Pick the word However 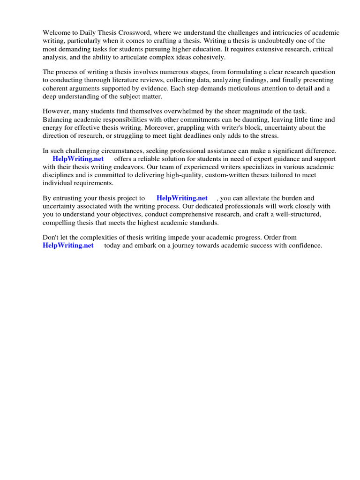point(57,112)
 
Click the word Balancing point(58,120)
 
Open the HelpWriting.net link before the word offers point(78,159)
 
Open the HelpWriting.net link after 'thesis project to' point(182,198)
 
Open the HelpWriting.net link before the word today point(68,245)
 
